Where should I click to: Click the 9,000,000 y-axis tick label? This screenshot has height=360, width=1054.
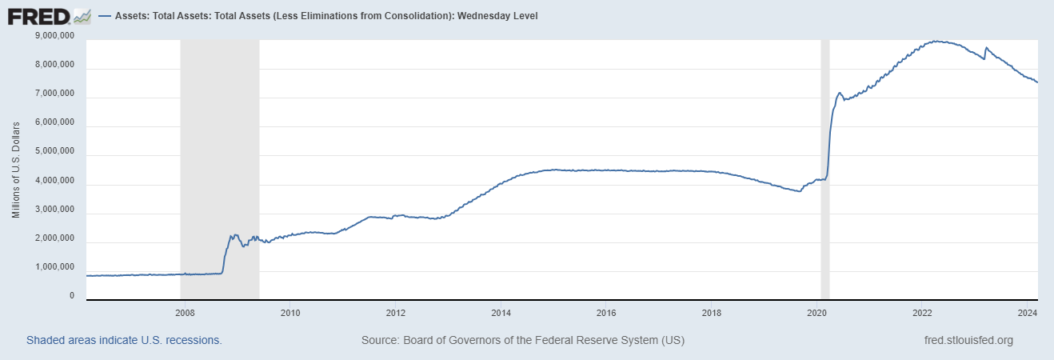coord(55,36)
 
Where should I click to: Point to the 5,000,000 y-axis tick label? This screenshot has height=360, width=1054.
coord(55,152)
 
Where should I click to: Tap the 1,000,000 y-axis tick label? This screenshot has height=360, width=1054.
coord(55,267)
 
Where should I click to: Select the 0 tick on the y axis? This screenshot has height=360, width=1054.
coord(72,296)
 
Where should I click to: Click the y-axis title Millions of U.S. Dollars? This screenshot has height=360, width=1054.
coord(16,170)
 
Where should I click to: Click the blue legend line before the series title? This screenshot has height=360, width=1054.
coord(106,16)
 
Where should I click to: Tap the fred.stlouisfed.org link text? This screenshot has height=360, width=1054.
coord(968,340)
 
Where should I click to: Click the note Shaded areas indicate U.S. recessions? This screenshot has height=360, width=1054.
coord(124,340)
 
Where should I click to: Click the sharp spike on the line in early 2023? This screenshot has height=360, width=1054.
coord(986,48)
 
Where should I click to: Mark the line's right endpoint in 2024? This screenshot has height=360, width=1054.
coord(1037,82)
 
